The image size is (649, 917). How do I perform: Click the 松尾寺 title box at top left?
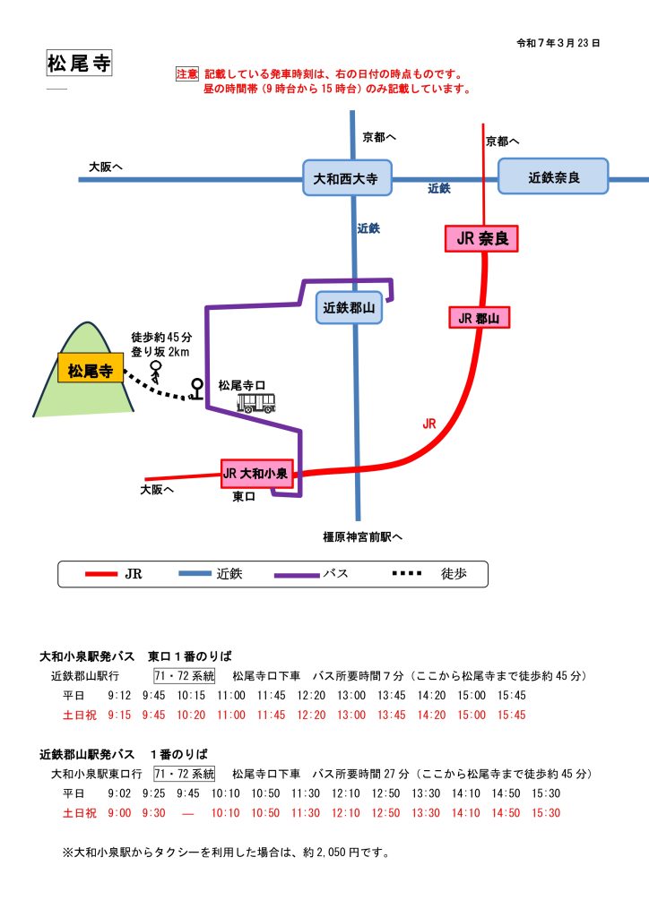[78, 64]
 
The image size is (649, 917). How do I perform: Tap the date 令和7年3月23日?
[558, 42]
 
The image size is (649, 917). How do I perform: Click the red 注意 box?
[186, 75]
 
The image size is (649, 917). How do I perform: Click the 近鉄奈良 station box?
[553, 177]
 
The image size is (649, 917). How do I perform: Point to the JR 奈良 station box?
[481, 238]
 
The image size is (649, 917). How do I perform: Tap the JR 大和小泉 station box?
[256, 473]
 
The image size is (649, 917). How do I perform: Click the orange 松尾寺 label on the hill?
[90, 369]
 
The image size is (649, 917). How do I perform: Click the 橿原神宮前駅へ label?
[363, 537]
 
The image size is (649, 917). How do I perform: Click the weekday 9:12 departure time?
[119, 696]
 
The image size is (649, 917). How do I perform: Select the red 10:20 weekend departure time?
[190, 715]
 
